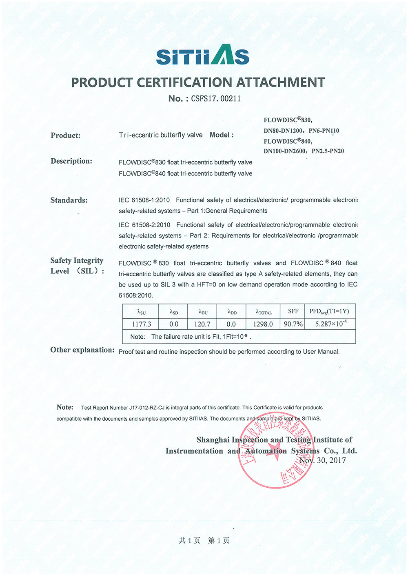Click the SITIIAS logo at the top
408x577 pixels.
202,55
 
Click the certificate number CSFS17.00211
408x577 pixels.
216,99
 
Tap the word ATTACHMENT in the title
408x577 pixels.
280,82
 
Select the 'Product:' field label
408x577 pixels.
65,135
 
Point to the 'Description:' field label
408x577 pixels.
71,161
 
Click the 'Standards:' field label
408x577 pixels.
69,200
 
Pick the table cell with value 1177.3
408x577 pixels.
141,324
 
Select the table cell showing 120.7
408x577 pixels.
202,324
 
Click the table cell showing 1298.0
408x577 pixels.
263,324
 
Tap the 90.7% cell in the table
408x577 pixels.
293,324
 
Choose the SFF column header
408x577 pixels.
293,311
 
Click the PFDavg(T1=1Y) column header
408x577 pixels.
329,311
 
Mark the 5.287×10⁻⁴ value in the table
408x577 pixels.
330,324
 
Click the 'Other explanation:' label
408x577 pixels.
82,350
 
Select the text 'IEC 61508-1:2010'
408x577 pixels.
144,200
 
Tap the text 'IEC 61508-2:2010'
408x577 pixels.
144,225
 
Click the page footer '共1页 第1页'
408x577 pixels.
204,541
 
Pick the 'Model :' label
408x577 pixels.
222,135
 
